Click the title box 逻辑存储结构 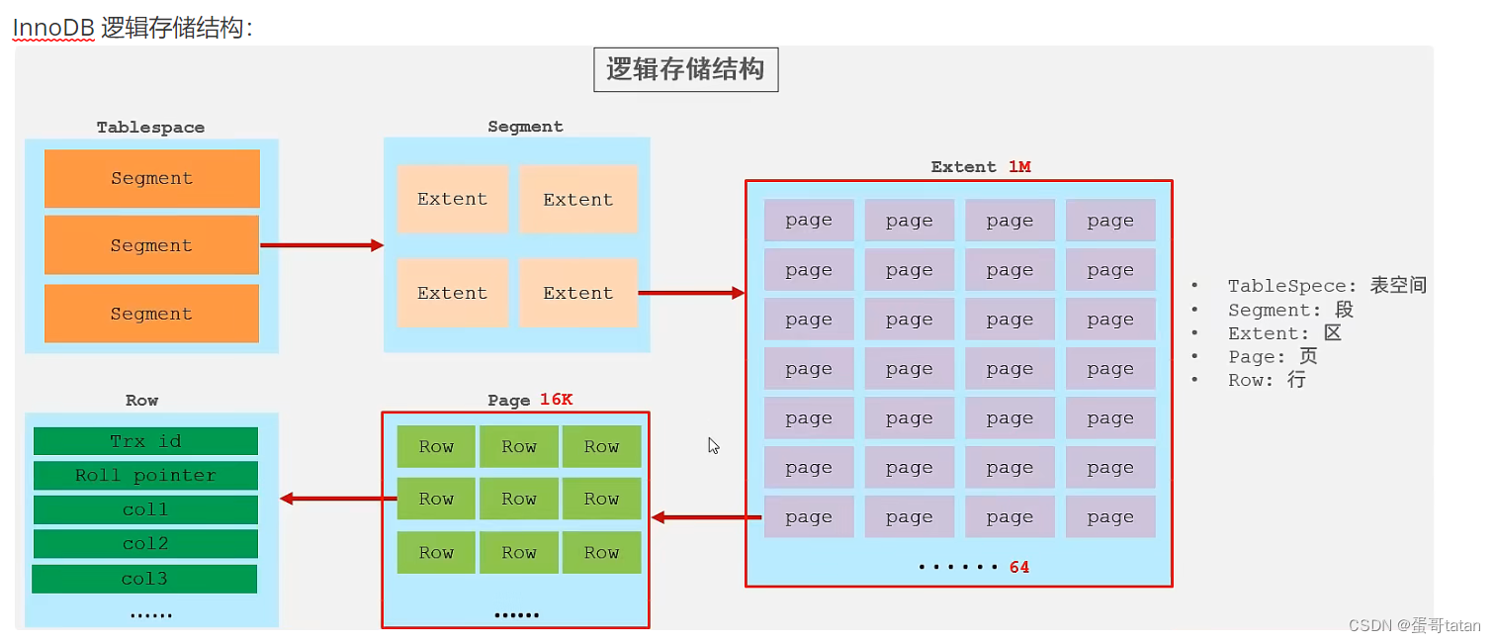[x=685, y=70]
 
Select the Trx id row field [x=145, y=441]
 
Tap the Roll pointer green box [x=145, y=476]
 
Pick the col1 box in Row [x=145, y=509]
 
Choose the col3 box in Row [x=144, y=579]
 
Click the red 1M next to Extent [x=1019, y=167]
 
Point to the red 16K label [x=556, y=400]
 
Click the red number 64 [x=1019, y=568]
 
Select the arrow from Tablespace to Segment [x=320, y=245]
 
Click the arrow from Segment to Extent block [x=690, y=293]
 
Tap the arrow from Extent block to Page [x=706, y=517]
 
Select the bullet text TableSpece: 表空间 [x=1326, y=286]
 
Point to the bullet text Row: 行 [x=1266, y=381]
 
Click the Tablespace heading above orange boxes [x=150, y=128]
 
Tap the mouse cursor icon [x=713, y=445]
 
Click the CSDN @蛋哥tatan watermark [x=1414, y=625]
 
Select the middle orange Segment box [x=151, y=245]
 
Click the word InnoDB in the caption [x=53, y=28]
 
